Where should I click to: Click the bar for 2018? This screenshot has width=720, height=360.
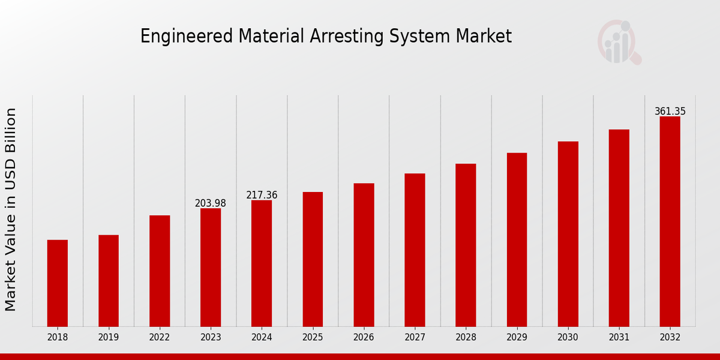[58, 283]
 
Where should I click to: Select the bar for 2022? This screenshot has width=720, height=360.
[160, 271]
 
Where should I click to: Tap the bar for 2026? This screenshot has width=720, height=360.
[364, 255]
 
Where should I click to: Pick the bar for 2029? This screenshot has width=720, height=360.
[517, 239]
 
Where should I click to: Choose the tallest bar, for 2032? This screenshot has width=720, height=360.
[670, 221]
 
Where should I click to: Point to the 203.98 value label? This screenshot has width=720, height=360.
[211, 203]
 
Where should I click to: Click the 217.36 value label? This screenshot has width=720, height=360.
[262, 195]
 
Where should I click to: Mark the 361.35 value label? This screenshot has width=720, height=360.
[670, 112]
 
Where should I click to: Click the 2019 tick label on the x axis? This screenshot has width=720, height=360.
[109, 337]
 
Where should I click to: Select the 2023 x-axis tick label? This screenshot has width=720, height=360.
[211, 337]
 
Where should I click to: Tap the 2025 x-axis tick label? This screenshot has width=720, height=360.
[313, 337]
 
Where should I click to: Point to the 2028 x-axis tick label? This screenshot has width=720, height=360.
[466, 337]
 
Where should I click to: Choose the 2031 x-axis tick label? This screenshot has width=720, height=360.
[619, 337]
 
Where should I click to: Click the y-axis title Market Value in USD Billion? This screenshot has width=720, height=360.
[11, 209]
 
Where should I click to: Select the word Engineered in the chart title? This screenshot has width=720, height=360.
[187, 37]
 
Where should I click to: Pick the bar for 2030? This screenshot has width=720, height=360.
[568, 234]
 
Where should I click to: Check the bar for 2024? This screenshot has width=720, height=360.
[262, 263]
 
